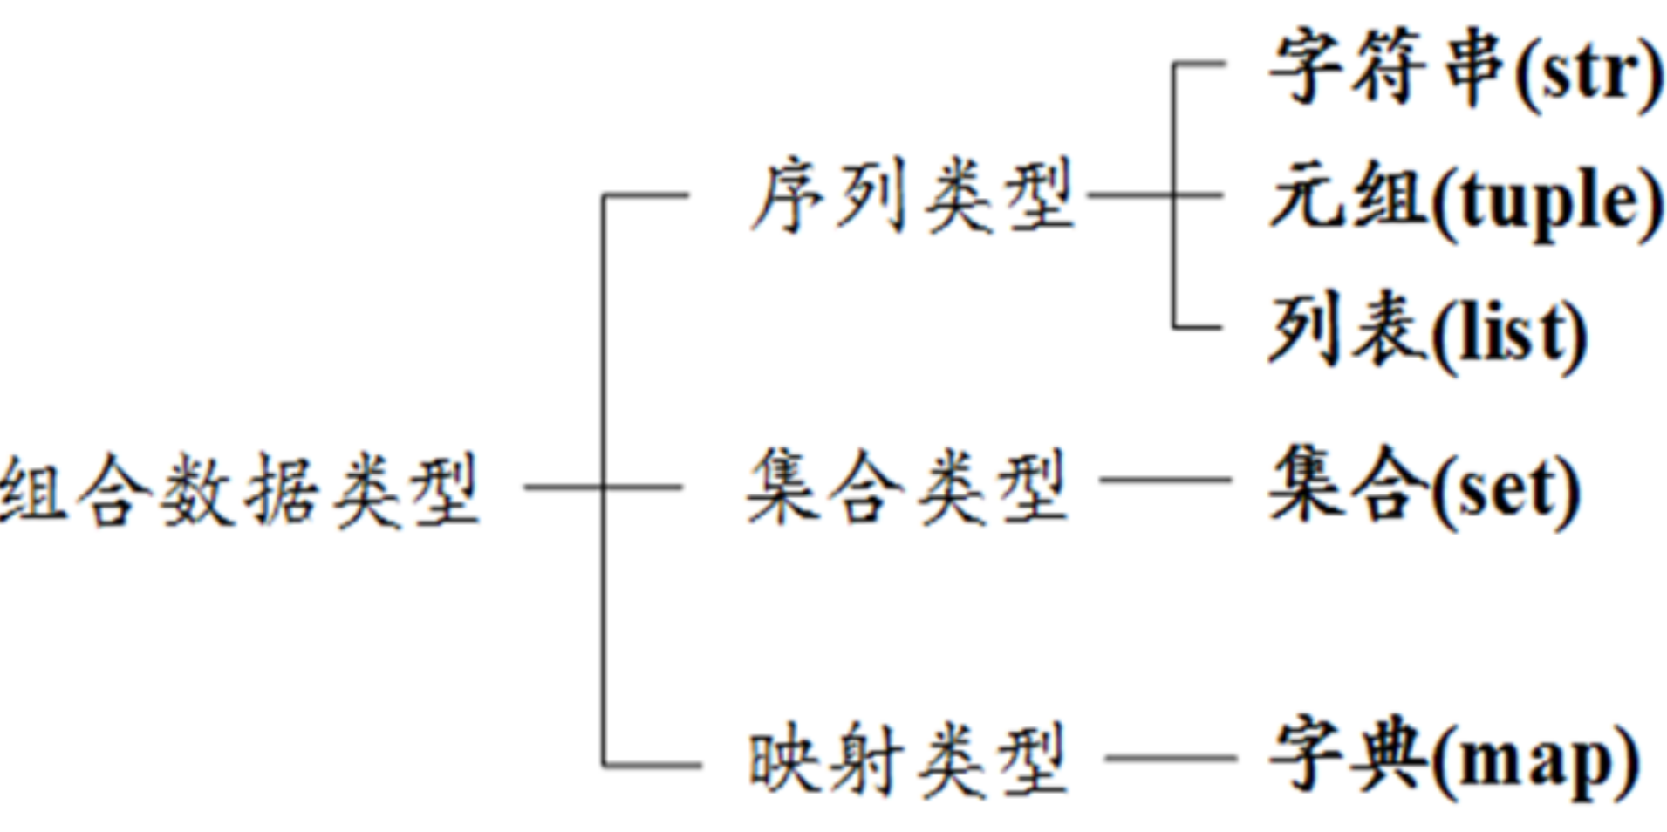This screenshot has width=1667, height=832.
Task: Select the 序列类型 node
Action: click(x=912, y=197)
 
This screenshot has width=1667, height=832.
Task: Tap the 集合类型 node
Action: click(x=907, y=487)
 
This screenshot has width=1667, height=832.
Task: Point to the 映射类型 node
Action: click(x=907, y=760)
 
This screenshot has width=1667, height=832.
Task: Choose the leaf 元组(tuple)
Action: click(x=1465, y=201)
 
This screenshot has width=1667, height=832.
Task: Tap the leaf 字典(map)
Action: click(x=1453, y=759)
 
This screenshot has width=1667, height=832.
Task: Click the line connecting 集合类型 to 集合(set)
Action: click(x=1165, y=479)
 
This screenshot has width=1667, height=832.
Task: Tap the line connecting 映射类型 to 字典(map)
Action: click(x=1169, y=758)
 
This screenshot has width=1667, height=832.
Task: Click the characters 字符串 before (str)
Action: click(x=1387, y=68)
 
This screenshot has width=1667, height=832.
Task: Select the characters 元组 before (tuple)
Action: click(x=1348, y=197)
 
